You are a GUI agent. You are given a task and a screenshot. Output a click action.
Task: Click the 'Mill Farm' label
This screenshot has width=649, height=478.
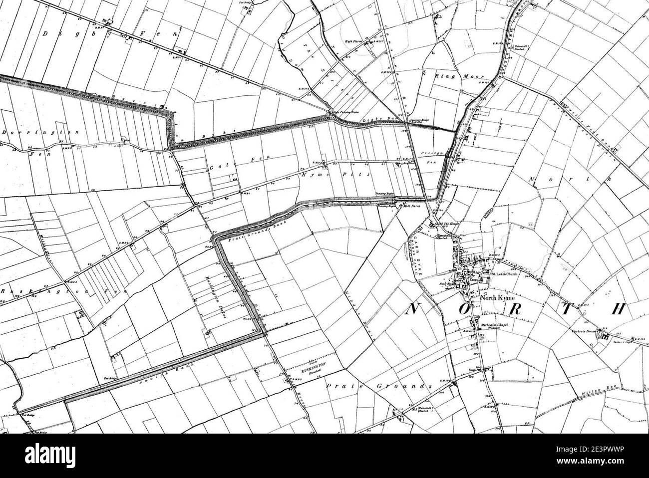point(410,205)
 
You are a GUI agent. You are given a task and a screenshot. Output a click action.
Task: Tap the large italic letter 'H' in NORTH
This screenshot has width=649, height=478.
point(617,309)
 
